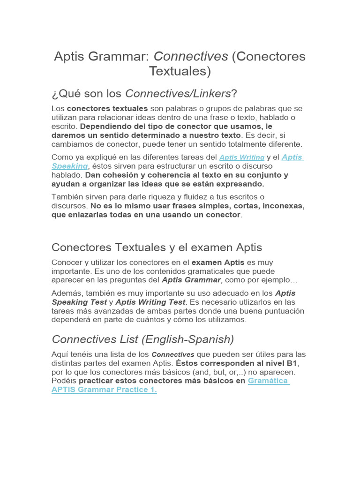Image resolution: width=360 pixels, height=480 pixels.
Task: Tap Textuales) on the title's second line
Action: pyautogui.click(x=180, y=71)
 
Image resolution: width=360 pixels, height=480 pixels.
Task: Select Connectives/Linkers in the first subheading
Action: pyautogui.click(x=178, y=94)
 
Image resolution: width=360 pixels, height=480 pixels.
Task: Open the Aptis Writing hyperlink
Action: pyautogui.click(x=242, y=157)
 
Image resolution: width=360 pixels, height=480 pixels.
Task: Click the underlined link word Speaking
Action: pyautogui.click(x=69, y=166)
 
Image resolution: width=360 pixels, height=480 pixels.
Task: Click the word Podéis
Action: pyautogui.click(x=64, y=381)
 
